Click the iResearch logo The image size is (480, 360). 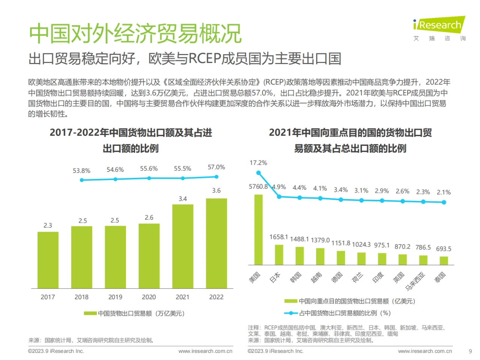[439, 25]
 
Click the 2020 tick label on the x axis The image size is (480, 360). [149, 297]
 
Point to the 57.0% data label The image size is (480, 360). [216, 167]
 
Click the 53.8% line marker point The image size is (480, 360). [82, 180]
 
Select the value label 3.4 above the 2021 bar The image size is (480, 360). [183, 199]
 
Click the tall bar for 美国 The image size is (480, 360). [258, 229]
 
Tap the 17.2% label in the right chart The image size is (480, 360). [258, 163]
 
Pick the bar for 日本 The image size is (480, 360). [279, 255]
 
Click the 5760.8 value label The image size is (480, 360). [258, 187]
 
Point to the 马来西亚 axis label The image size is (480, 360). [415, 281]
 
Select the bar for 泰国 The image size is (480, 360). [444, 261]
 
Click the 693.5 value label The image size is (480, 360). [444, 249]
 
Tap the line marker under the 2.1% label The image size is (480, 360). [444, 202]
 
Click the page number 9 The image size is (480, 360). [470, 351]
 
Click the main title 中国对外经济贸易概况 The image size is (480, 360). [135, 33]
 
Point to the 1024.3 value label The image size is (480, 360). [361, 244]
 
